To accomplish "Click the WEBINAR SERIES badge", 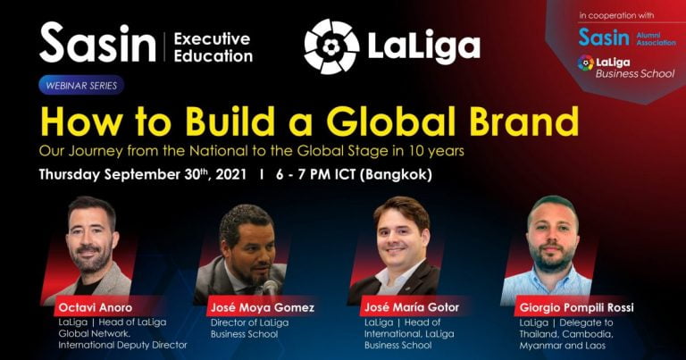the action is pyautogui.click(x=81, y=85).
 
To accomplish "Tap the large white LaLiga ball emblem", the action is pyautogui.click(x=331, y=46).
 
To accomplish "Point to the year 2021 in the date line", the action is pyautogui.click(x=231, y=174).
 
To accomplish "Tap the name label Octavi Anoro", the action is pyautogui.click(x=96, y=307).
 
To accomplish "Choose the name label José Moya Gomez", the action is pyautogui.click(x=263, y=307).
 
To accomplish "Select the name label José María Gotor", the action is pyautogui.click(x=412, y=307).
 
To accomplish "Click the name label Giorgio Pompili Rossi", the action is pyautogui.click(x=577, y=308).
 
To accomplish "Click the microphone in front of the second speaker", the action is pyautogui.click(x=270, y=289).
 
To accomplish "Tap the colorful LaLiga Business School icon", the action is pyautogui.click(x=586, y=63).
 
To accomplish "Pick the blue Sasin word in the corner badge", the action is pyautogui.click(x=604, y=38).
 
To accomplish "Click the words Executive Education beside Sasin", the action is pyautogui.click(x=213, y=47).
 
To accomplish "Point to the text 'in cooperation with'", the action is pyautogui.click(x=616, y=15).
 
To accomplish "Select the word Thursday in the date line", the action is pyautogui.click(x=69, y=174).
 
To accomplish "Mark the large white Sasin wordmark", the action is pyautogui.click(x=97, y=43).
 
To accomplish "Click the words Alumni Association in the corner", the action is pyautogui.click(x=656, y=39).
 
